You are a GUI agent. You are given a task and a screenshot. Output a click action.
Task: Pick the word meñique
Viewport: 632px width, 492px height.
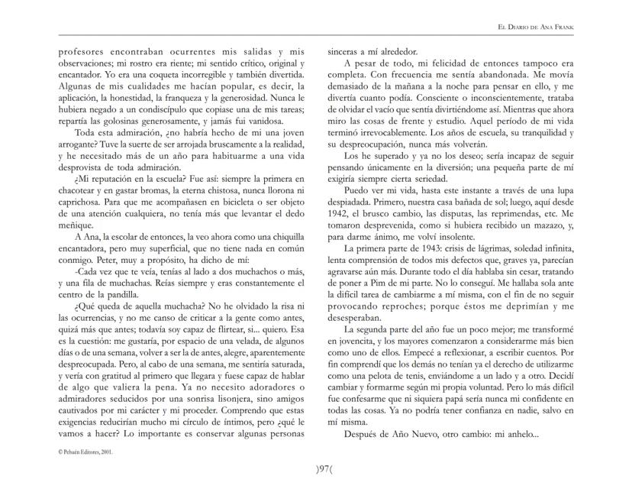tap(76, 227)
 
